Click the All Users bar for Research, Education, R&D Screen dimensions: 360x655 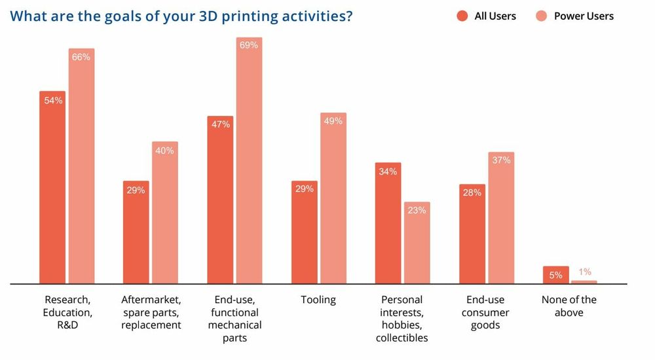(52, 190)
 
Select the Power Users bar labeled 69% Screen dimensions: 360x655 (249, 164)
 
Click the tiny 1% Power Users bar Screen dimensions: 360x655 (584, 282)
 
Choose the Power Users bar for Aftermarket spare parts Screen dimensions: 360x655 (164, 213)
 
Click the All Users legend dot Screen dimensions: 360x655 (462, 16)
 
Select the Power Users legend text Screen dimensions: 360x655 (584, 16)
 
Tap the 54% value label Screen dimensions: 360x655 (53, 100)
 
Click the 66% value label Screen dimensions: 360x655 (81, 57)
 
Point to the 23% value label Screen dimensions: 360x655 (417, 210)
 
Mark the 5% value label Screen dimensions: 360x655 (555, 275)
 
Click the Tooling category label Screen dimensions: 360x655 (318, 300)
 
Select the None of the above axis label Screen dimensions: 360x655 (569, 306)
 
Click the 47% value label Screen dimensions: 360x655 (221, 124)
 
